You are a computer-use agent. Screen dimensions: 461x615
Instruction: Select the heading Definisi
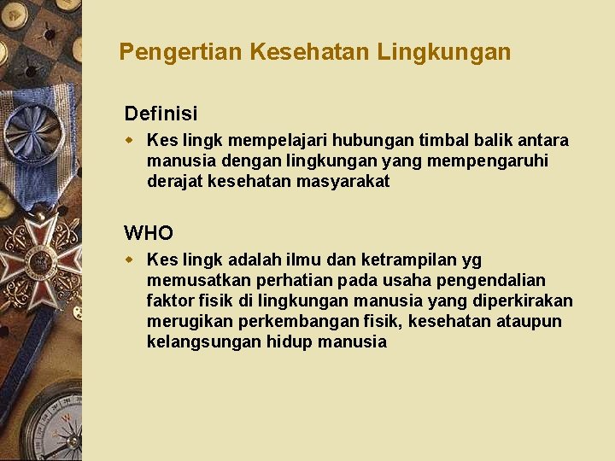[161, 114]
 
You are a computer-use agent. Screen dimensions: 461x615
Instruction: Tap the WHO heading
[149, 232]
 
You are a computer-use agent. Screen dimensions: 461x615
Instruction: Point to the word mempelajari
[276, 140]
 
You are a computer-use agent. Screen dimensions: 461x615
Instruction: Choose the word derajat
[175, 181]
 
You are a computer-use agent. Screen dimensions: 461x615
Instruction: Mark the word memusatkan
[192, 280]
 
